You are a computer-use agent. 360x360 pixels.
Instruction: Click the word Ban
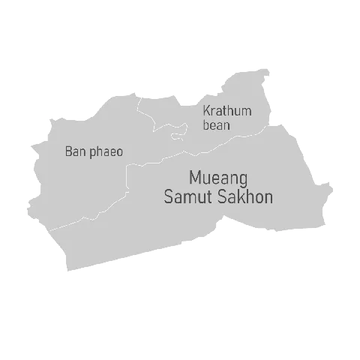click(75, 151)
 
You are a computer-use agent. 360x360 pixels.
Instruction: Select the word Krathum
click(227, 111)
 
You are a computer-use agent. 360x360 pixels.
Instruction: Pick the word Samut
click(189, 197)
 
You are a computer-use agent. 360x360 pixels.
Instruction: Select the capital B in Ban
click(68, 151)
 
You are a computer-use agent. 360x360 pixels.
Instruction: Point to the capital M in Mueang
click(195, 178)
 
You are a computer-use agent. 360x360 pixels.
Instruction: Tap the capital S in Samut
click(169, 197)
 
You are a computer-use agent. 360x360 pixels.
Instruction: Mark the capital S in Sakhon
click(225, 197)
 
